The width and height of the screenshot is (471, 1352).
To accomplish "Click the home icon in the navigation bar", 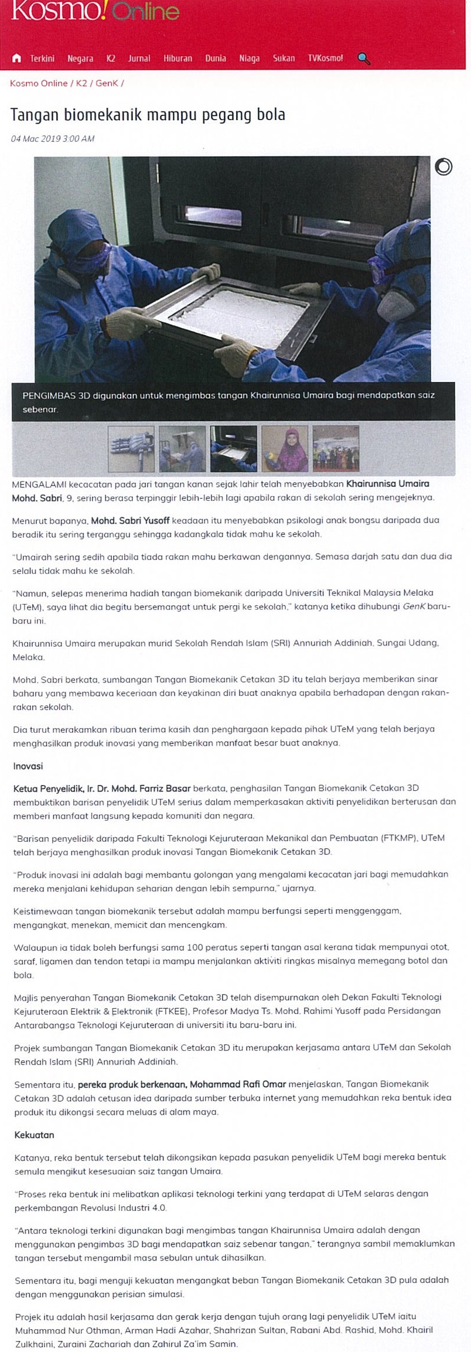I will [16, 58].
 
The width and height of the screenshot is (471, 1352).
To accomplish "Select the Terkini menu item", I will [42, 59].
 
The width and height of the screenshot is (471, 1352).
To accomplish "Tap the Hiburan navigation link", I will [178, 59].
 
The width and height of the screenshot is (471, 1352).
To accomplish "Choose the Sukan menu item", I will [284, 59].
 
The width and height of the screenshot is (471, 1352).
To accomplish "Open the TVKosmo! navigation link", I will [325, 59].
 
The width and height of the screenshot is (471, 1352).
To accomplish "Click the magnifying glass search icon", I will [364, 59].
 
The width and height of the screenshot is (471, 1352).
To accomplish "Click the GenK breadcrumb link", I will [107, 83].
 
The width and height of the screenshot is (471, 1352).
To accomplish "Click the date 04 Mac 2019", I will [36, 139].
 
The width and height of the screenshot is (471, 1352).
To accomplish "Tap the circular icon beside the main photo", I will [443, 167].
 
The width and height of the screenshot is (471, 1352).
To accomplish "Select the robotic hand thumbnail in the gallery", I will [131, 449].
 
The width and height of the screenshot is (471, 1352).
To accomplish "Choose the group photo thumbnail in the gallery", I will [336, 449].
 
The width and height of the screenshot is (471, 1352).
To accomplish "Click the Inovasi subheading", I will [28, 766].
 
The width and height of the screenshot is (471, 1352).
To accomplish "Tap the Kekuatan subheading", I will [34, 1135].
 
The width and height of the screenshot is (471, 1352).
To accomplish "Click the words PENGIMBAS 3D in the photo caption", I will [56, 395].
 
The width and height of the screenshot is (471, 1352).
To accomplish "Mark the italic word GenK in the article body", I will [414, 607].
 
